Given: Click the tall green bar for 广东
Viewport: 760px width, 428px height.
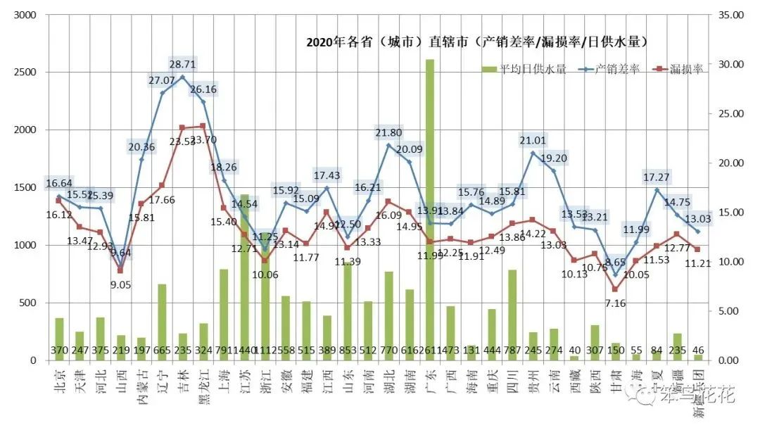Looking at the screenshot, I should pos(430,211).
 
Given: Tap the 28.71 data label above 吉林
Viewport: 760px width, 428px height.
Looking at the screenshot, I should pos(182,64).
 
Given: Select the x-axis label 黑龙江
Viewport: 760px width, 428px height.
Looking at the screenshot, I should pos(203,386).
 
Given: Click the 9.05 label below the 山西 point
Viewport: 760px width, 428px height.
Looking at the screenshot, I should pos(122,284).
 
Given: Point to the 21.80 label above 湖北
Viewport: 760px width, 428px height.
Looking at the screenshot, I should pos(388,132).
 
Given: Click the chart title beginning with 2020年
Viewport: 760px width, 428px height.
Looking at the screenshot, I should pos(476,42).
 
